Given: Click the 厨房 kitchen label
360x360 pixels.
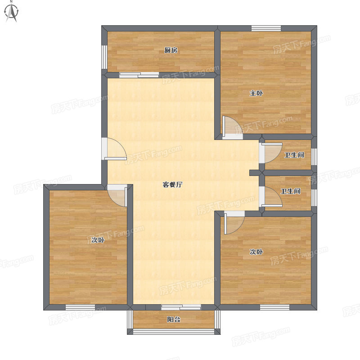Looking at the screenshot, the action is (171, 50).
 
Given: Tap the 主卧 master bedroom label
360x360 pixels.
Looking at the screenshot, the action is (256, 93).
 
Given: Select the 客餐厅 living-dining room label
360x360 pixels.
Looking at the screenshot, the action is (172, 184).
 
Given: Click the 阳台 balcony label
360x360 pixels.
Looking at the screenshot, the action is (174, 319).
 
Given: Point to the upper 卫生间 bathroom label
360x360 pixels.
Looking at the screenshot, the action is (294, 155).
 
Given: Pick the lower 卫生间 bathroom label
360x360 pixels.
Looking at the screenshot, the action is (291, 191).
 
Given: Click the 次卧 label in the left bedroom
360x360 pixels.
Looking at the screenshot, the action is (98, 240).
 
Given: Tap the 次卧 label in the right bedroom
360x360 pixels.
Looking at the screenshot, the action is (256, 252).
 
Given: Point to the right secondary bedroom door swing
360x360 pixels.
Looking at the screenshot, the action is (234, 223).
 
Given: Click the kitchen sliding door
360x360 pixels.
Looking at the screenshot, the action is (139, 75).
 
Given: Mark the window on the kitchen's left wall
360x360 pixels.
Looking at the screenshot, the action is (104, 57).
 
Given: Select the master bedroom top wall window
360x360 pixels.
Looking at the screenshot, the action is (266, 28).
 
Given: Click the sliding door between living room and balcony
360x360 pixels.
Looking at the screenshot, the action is (181, 307).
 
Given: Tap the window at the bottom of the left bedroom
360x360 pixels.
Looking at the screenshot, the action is (81, 307).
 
